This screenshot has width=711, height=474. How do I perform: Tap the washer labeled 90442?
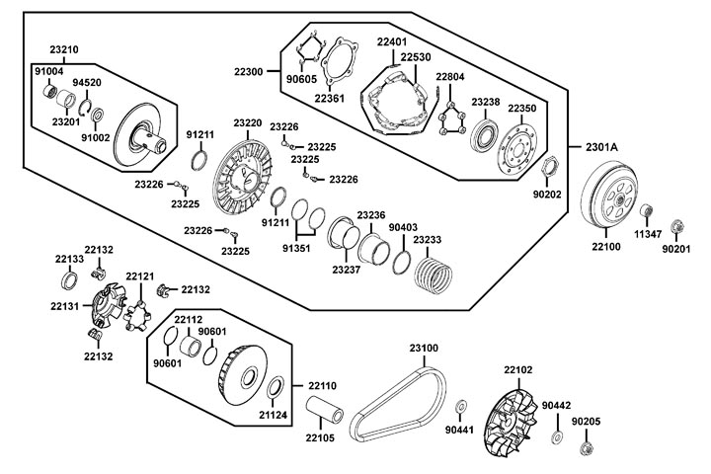click(x=557, y=436)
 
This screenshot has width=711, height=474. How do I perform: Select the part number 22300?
click(x=248, y=72)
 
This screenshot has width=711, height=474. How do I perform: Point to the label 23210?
click(x=64, y=49)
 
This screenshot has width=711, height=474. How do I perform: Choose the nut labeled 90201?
click(x=677, y=226)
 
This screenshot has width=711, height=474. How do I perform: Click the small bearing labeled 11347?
click(x=647, y=211)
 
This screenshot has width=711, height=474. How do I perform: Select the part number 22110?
click(x=321, y=385)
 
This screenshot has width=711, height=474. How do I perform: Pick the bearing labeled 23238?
click(x=485, y=132)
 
